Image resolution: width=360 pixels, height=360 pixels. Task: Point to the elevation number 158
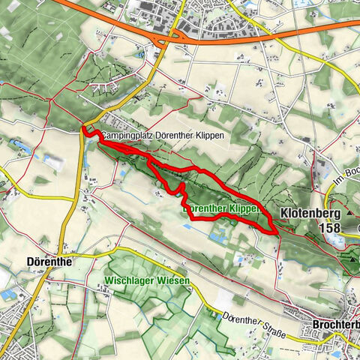click(x=327, y=228)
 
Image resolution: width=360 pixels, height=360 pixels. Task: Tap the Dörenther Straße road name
click(x=254, y=322)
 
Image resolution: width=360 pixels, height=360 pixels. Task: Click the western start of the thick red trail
click(x=83, y=132)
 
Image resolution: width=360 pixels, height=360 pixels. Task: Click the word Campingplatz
click(x=125, y=135)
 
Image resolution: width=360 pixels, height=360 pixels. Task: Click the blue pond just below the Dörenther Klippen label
click(x=218, y=237)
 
